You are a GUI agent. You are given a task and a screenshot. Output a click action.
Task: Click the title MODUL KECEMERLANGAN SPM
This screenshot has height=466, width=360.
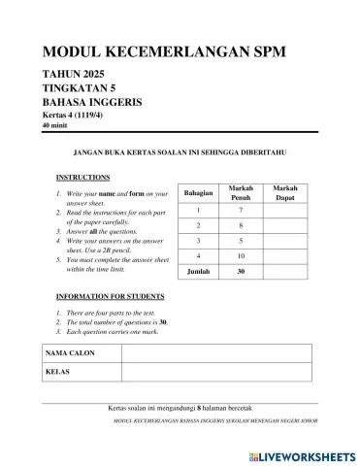(x=164, y=52)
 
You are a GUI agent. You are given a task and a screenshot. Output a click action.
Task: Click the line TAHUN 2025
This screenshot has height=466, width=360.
(x=74, y=75)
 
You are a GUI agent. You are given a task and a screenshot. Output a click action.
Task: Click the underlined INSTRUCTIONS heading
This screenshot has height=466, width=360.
(x=83, y=178)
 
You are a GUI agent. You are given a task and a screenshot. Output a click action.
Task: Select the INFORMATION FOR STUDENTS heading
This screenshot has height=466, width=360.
(x=110, y=295)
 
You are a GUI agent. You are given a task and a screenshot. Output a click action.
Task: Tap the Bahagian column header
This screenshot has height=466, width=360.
(x=198, y=193)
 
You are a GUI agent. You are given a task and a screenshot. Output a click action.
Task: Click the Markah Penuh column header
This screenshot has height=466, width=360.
(x=241, y=192)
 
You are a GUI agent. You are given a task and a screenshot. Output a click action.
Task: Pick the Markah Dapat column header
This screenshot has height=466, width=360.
(x=285, y=192)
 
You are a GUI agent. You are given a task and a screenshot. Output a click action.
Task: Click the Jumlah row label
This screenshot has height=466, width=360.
(x=198, y=272)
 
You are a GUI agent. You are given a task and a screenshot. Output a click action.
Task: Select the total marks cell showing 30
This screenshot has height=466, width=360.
(x=241, y=272)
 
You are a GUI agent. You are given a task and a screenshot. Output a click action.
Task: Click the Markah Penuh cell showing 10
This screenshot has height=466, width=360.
(x=241, y=255)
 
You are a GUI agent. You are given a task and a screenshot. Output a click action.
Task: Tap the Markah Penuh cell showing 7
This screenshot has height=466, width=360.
(x=241, y=210)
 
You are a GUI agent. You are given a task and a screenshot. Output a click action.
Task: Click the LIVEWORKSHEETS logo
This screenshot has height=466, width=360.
(x=302, y=454)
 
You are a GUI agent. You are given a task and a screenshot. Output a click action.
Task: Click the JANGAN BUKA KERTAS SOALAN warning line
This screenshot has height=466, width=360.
(x=180, y=152)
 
